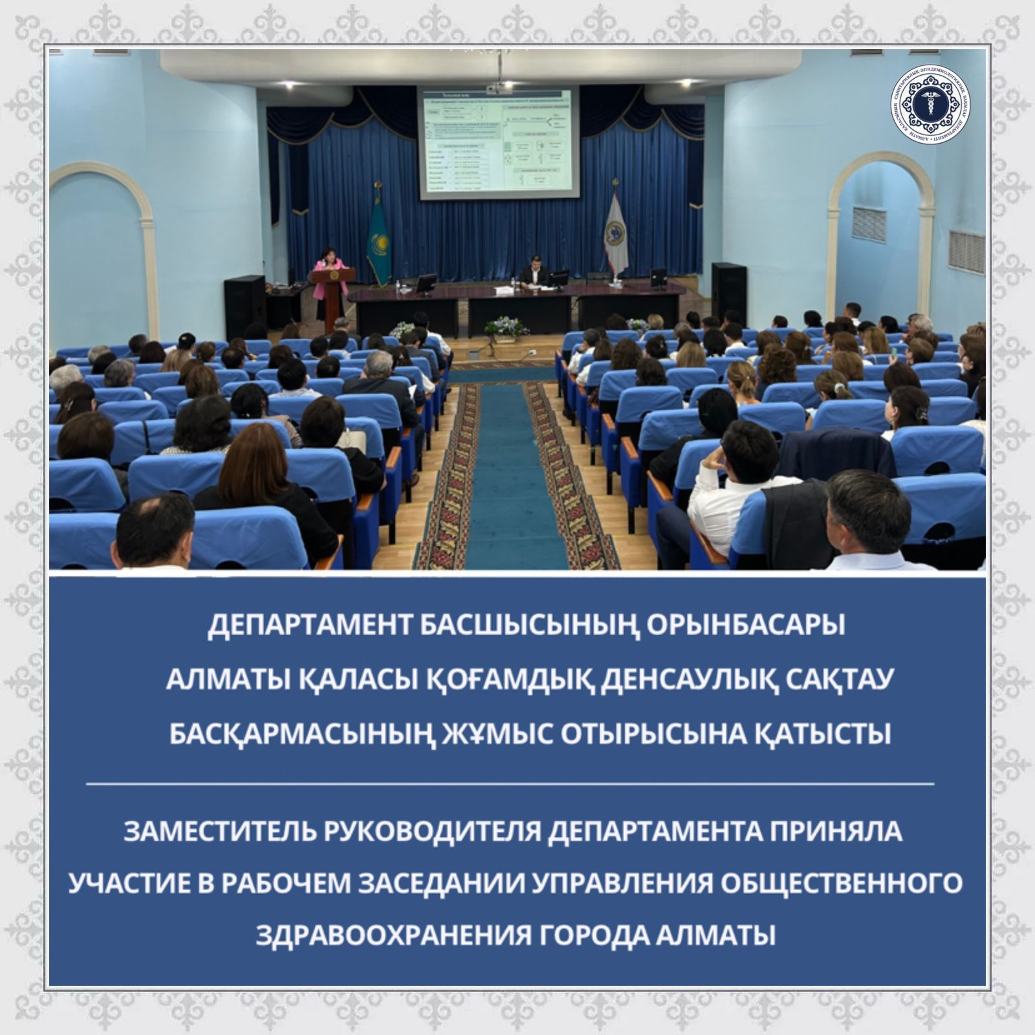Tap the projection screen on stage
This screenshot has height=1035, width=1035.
(x=497, y=142)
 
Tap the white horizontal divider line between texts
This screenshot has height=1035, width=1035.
(x=510, y=783)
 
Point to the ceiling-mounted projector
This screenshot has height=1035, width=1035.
(x=498, y=86)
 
